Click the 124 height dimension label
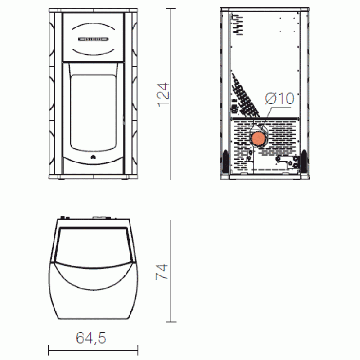[163, 94]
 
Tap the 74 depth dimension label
[162, 272]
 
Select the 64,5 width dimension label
[91, 337]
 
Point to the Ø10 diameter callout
[279, 99]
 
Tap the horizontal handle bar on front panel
[93, 39]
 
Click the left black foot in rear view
[225, 161]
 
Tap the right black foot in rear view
[304, 161]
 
